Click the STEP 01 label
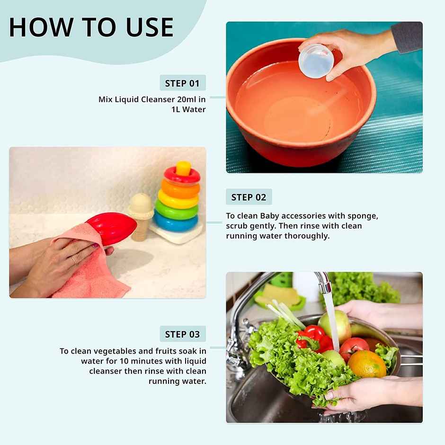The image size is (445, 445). click(x=182, y=83)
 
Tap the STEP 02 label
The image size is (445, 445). click(x=249, y=197)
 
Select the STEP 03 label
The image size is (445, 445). click(x=182, y=334)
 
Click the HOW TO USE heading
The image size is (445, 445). click(x=91, y=27)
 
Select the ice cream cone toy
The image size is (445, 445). click(x=141, y=216)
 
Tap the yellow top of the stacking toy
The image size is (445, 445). click(x=183, y=168)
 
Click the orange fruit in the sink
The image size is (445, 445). click(x=367, y=364)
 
